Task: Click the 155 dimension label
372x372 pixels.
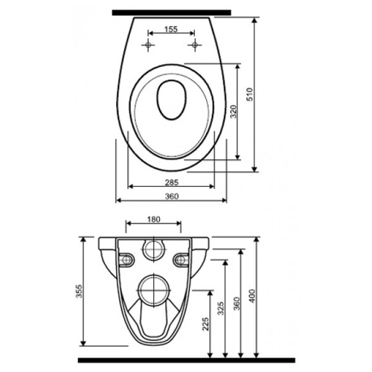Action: click(x=171, y=29)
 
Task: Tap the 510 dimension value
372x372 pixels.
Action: click(x=250, y=94)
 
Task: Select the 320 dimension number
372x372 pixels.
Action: click(x=234, y=112)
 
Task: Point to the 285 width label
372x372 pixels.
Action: click(x=172, y=182)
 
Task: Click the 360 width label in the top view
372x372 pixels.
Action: click(x=172, y=196)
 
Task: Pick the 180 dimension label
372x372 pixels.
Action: click(x=154, y=219)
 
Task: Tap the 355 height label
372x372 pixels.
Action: click(x=79, y=292)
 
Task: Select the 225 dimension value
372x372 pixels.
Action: click(x=205, y=324)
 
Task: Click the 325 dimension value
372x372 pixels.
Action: click(x=220, y=308)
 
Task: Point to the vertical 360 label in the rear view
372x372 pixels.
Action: click(x=237, y=304)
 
